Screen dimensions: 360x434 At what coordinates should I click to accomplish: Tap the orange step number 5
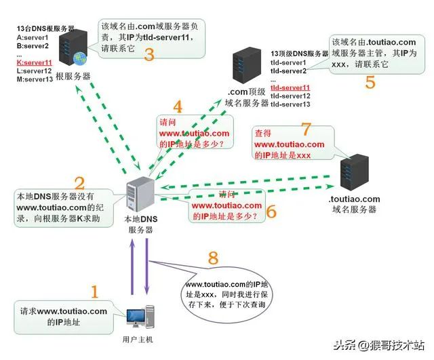click(x=370, y=82)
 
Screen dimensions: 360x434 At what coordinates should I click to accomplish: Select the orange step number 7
click(x=305, y=129)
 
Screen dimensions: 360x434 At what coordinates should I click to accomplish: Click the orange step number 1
click(x=94, y=292)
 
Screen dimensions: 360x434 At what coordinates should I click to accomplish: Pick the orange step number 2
click(x=79, y=182)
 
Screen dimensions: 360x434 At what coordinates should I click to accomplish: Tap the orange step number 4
click(x=178, y=106)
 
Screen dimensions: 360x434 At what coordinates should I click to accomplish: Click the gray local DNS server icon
click(x=142, y=193)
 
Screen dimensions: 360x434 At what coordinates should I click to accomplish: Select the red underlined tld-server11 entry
click(x=290, y=88)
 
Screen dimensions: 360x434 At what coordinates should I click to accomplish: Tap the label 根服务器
click(x=73, y=77)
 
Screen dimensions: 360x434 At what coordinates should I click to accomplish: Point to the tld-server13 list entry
click(x=290, y=104)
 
